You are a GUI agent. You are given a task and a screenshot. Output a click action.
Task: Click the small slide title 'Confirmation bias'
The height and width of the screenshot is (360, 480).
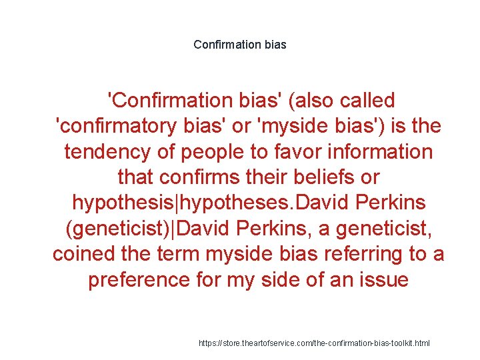pos(240,45)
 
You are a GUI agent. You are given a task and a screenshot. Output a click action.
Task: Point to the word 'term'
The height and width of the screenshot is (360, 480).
pos(173,254)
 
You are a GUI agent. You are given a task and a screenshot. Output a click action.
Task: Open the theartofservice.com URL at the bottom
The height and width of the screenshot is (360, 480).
pos(315,343)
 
